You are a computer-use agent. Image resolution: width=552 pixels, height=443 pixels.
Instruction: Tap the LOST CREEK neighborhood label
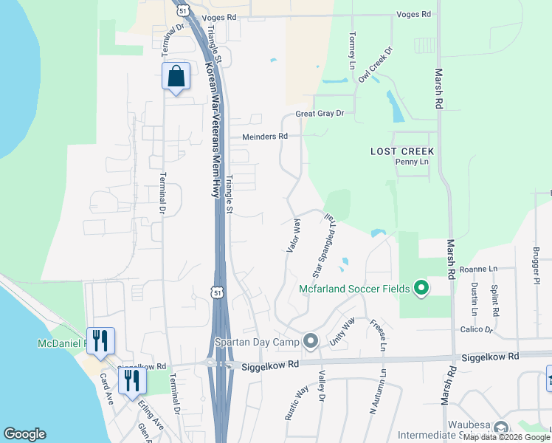tap(402, 151)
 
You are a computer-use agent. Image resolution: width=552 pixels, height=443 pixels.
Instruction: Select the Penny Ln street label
tap(412, 162)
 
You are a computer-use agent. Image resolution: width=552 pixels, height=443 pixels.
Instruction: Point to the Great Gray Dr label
tap(320, 113)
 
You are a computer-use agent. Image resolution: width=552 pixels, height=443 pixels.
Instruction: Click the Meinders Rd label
tap(265, 137)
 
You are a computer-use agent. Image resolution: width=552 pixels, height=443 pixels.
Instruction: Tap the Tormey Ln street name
tap(352, 47)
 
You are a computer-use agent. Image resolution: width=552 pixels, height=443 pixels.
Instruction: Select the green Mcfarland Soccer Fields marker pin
tap(421, 288)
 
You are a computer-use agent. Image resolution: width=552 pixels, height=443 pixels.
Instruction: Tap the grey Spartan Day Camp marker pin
tap(310, 341)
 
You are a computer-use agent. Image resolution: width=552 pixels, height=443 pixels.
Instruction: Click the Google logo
tap(24, 434)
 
